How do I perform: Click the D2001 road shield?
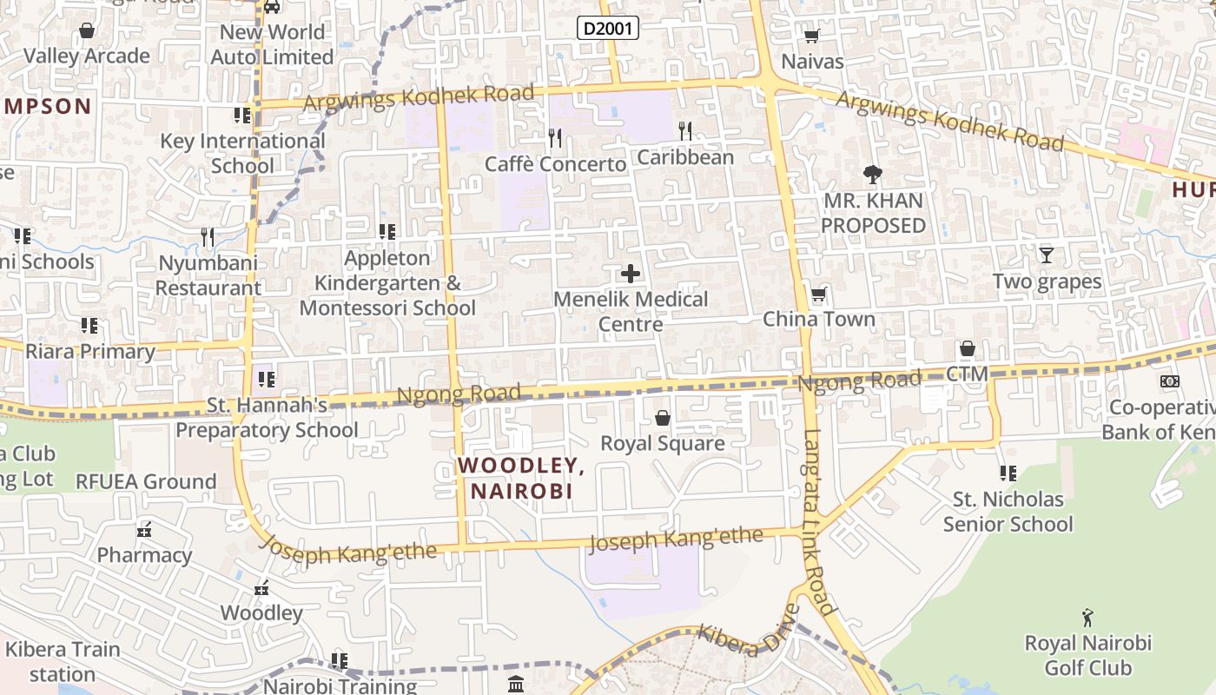point(608,29)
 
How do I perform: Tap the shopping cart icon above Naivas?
point(811,36)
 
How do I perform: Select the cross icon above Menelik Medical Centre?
point(631,275)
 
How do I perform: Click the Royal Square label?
point(663,444)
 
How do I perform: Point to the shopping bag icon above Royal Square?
point(663,419)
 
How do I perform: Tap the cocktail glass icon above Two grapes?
point(1047,255)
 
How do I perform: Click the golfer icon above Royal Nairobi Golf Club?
point(1087,618)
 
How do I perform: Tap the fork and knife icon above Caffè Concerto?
point(556,138)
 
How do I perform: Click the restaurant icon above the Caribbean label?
point(685,131)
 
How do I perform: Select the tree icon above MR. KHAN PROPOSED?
point(873,175)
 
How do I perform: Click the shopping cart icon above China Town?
point(817,295)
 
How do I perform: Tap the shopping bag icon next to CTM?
point(968,349)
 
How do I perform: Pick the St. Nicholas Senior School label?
point(1008,512)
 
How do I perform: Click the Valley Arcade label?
point(87,56)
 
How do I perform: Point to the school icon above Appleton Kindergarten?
point(387,232)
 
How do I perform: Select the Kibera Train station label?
point(63,661)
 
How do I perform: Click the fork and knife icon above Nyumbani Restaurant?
point(208,237)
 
